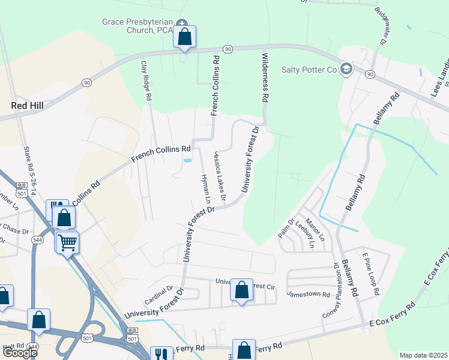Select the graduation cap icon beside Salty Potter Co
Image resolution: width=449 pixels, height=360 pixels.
(x=346, y=69)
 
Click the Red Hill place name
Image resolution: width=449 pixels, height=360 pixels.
(x=28, y=105)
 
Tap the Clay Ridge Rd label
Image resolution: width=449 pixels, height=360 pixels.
(x=146, y=80)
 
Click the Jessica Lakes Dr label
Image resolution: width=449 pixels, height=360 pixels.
(x=218, y=176)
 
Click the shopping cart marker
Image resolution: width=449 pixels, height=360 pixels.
(x=68, y=242)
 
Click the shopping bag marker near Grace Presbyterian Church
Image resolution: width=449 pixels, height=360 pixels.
(x=185, y=37)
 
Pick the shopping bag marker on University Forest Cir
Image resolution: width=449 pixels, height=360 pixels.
(x=241, y=290)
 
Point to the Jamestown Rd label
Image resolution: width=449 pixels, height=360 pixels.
(x=309, y=295)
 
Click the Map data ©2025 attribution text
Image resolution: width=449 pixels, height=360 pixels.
(x=423, y=355)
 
